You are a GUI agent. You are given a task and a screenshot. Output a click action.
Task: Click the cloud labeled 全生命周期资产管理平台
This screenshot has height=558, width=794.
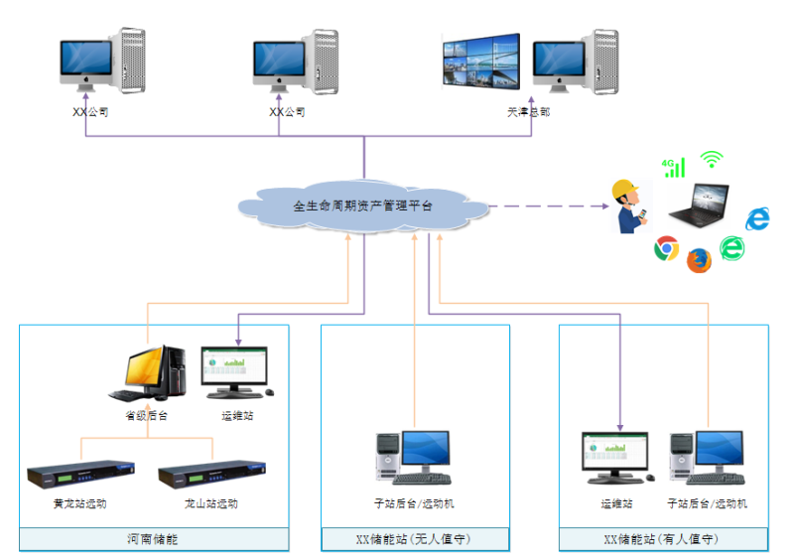[x=363, y=207]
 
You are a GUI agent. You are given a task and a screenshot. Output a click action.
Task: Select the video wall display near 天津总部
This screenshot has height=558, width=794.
[x=482, y=63]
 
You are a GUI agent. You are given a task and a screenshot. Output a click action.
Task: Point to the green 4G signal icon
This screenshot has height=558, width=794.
[x=674, y=167]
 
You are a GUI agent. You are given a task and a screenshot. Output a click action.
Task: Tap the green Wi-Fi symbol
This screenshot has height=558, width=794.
[x=711, y=159]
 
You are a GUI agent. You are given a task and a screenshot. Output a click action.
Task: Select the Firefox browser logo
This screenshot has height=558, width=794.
[x=699, y=259]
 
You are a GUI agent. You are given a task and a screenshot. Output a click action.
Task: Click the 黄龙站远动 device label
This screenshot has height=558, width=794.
[x=80, y=503]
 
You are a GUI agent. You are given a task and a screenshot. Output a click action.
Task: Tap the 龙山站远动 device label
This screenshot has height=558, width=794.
[x=211, y=503]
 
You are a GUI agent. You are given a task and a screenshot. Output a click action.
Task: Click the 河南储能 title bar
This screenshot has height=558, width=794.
[x=154, y=539]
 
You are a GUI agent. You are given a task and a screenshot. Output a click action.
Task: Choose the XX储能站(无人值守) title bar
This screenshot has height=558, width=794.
[x=415, y=539]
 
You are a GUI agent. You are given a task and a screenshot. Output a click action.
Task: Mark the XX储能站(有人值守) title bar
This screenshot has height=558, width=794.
[x=662, y=539]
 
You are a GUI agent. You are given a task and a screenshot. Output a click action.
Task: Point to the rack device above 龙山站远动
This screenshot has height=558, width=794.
[x=212, y=474]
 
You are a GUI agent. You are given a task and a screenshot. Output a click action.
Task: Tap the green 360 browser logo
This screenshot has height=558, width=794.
[x=731, y=248]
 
